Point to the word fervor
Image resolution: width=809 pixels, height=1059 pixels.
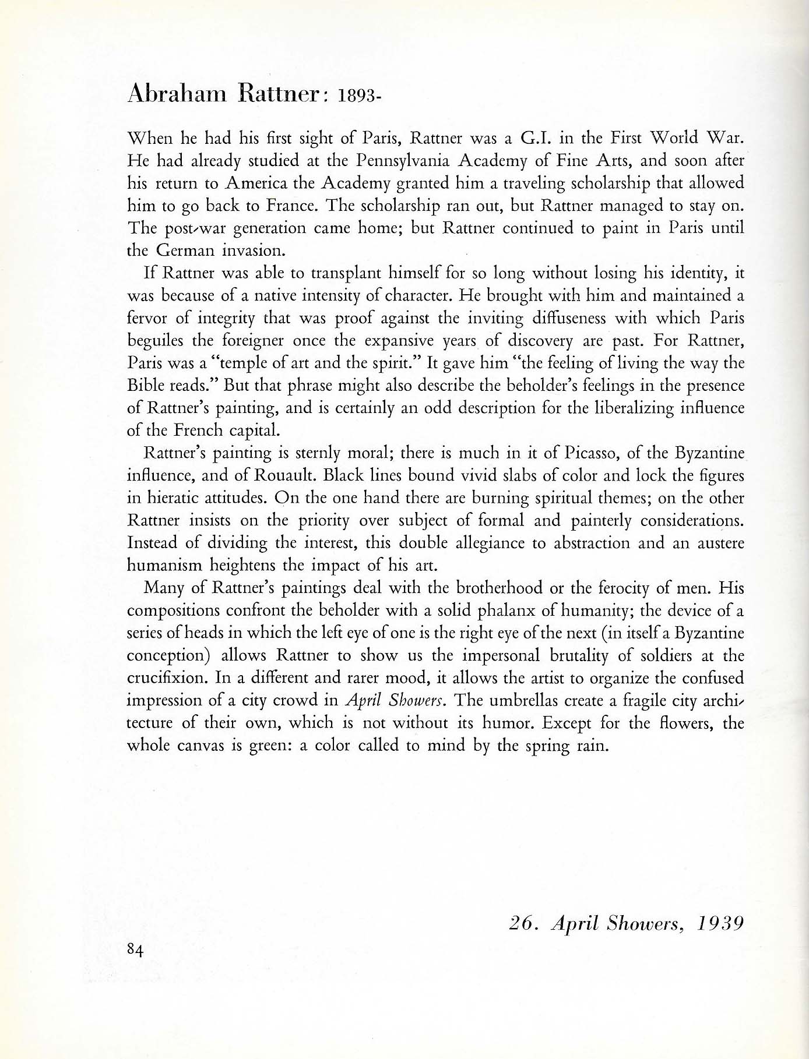146,319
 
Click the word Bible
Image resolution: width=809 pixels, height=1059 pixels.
142,386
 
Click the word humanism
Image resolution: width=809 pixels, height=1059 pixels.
164,566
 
